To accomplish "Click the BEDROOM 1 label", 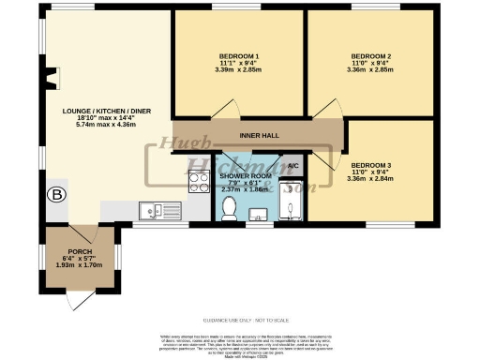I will tap(239, 54).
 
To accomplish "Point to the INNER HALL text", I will tap(260, 136).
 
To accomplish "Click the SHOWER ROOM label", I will tap(246, 175).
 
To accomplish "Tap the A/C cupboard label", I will tap(292, 164).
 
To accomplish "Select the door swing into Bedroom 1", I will tap(225, 110).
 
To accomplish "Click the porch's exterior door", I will tap(81, 298).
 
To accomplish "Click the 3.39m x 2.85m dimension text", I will tap(239, 69).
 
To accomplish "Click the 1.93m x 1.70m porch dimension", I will tap(78, 266).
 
